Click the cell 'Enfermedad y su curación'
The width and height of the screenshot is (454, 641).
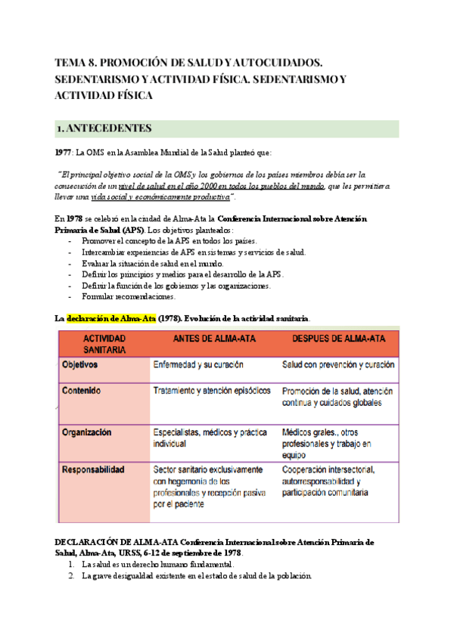197,364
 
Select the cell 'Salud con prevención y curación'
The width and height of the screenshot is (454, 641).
337,364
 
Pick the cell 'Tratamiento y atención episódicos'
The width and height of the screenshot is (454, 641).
211,392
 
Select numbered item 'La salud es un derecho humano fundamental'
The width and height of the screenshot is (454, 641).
158,564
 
